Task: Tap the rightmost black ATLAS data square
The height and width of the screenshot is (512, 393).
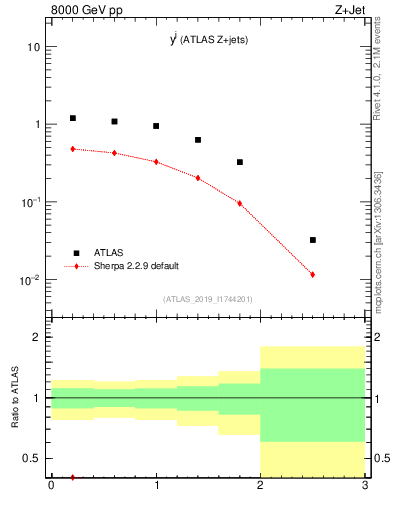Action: coord(313,240)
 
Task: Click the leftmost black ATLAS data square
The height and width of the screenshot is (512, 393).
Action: coord(72,118)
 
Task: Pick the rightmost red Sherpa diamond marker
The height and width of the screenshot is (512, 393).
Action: coord(313,274)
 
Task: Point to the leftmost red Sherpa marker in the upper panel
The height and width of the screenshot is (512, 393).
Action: coord(72,149)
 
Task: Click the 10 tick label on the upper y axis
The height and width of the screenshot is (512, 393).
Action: coord(33,47)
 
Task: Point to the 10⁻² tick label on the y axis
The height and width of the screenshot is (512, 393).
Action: coord(30,280)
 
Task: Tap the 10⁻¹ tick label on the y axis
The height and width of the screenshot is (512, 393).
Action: coord(30,202)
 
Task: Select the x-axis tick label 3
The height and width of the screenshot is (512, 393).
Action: coord(365,486)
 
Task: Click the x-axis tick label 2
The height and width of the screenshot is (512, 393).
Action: coord(260,486)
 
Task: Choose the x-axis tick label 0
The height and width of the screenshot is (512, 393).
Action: coord(51,486)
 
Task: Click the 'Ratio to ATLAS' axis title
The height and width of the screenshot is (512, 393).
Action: coord(15,398)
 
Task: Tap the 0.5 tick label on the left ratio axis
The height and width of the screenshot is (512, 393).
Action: coord(33,459)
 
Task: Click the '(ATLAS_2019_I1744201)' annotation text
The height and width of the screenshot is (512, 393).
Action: coord(208,299)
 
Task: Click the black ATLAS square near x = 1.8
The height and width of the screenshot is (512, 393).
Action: coord(240,162)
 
